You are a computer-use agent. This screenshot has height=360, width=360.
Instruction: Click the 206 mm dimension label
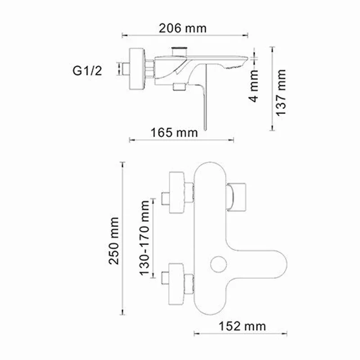pos(183,28)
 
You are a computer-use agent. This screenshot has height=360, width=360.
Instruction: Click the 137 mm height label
pos(281,92)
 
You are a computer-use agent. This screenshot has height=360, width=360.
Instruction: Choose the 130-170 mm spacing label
pos(144,238)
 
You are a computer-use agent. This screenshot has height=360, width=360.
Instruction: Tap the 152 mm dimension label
pos(242,325)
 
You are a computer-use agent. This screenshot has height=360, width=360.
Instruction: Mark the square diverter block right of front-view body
pos(238,197)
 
